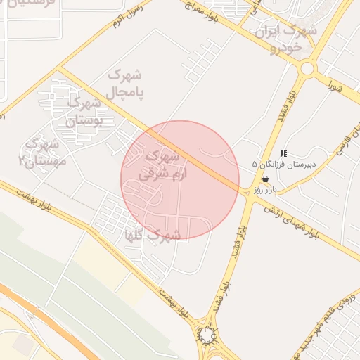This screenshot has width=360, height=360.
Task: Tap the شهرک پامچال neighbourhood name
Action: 126,83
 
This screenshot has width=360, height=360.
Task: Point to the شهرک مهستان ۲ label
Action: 41,152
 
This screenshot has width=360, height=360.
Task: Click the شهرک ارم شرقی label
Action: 160,164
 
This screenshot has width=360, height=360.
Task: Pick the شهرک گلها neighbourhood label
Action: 153,234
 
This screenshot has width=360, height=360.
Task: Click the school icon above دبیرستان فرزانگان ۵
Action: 283,153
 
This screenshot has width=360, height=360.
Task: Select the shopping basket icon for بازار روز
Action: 264,179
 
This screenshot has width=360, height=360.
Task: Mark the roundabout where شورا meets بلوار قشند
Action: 307,68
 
